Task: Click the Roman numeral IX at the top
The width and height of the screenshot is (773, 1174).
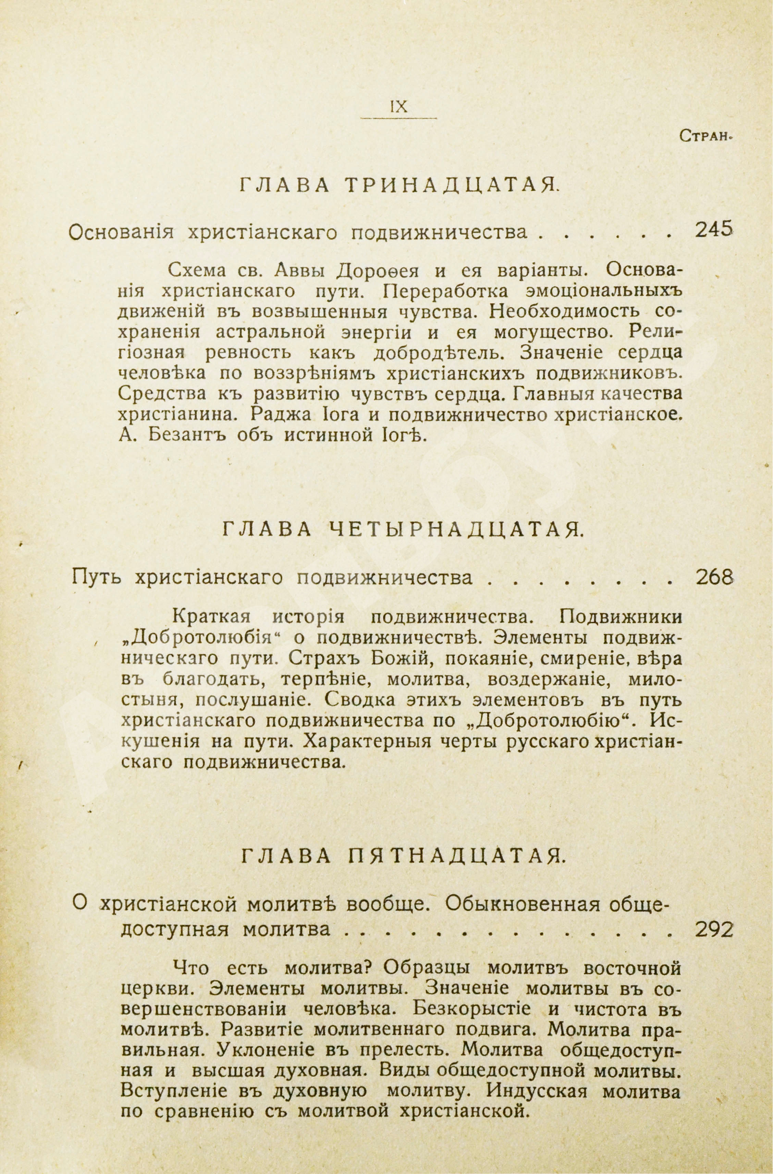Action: point(398,107)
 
